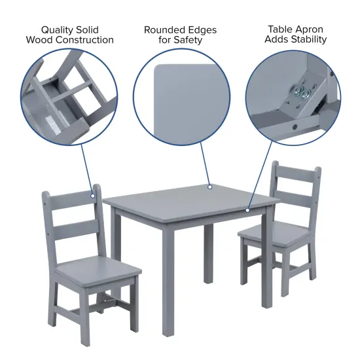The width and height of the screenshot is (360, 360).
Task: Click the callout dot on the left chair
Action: click(x=93, y=195)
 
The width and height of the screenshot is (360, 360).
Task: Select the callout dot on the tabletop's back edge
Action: click(x=210, y=187)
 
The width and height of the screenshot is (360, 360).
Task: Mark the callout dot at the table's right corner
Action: click(x=248, y=210)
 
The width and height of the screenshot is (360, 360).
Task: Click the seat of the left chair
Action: click(x=98, y=268)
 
